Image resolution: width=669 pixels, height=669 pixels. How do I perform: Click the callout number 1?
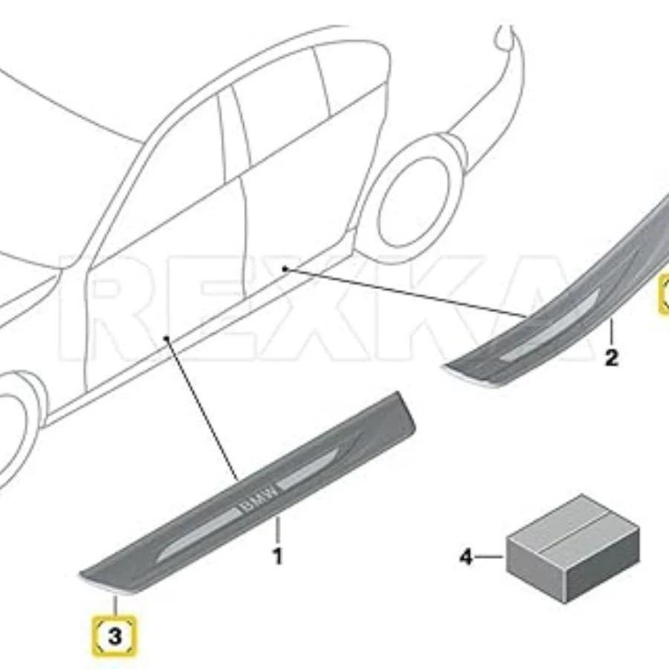(277, 555)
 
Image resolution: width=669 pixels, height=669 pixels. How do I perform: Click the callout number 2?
(611, 358)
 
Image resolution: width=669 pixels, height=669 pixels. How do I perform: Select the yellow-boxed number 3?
(114, 636)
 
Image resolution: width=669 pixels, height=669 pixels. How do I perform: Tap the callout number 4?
(466, 556)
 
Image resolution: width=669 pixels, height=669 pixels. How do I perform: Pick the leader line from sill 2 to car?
(409, 293)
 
